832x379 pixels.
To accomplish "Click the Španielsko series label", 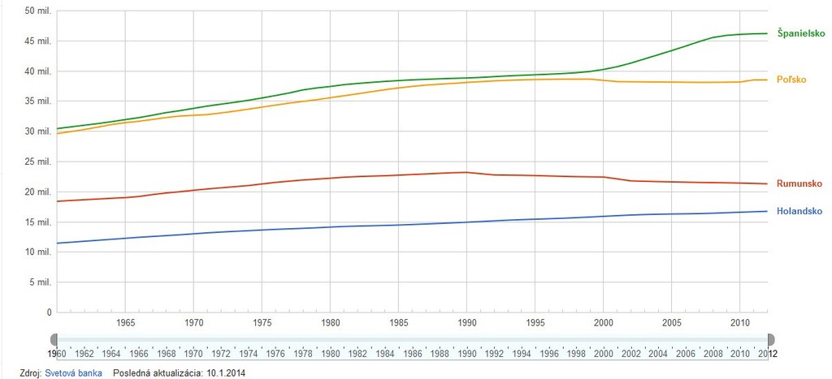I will (x=801, y=33).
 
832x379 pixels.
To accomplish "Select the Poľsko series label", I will (x=792, y=80).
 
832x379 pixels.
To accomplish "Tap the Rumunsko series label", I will (x=800, y=183).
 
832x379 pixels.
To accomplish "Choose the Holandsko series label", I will (x=800, y=211).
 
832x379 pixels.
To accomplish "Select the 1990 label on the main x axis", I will (x=466, y=323).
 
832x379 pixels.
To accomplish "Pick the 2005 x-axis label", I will (x=670, y=323).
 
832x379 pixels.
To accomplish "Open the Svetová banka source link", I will (x=74, y=373).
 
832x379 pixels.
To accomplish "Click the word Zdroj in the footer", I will (x=29, y=373).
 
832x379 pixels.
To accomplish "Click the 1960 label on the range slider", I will (x=57, y=354).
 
